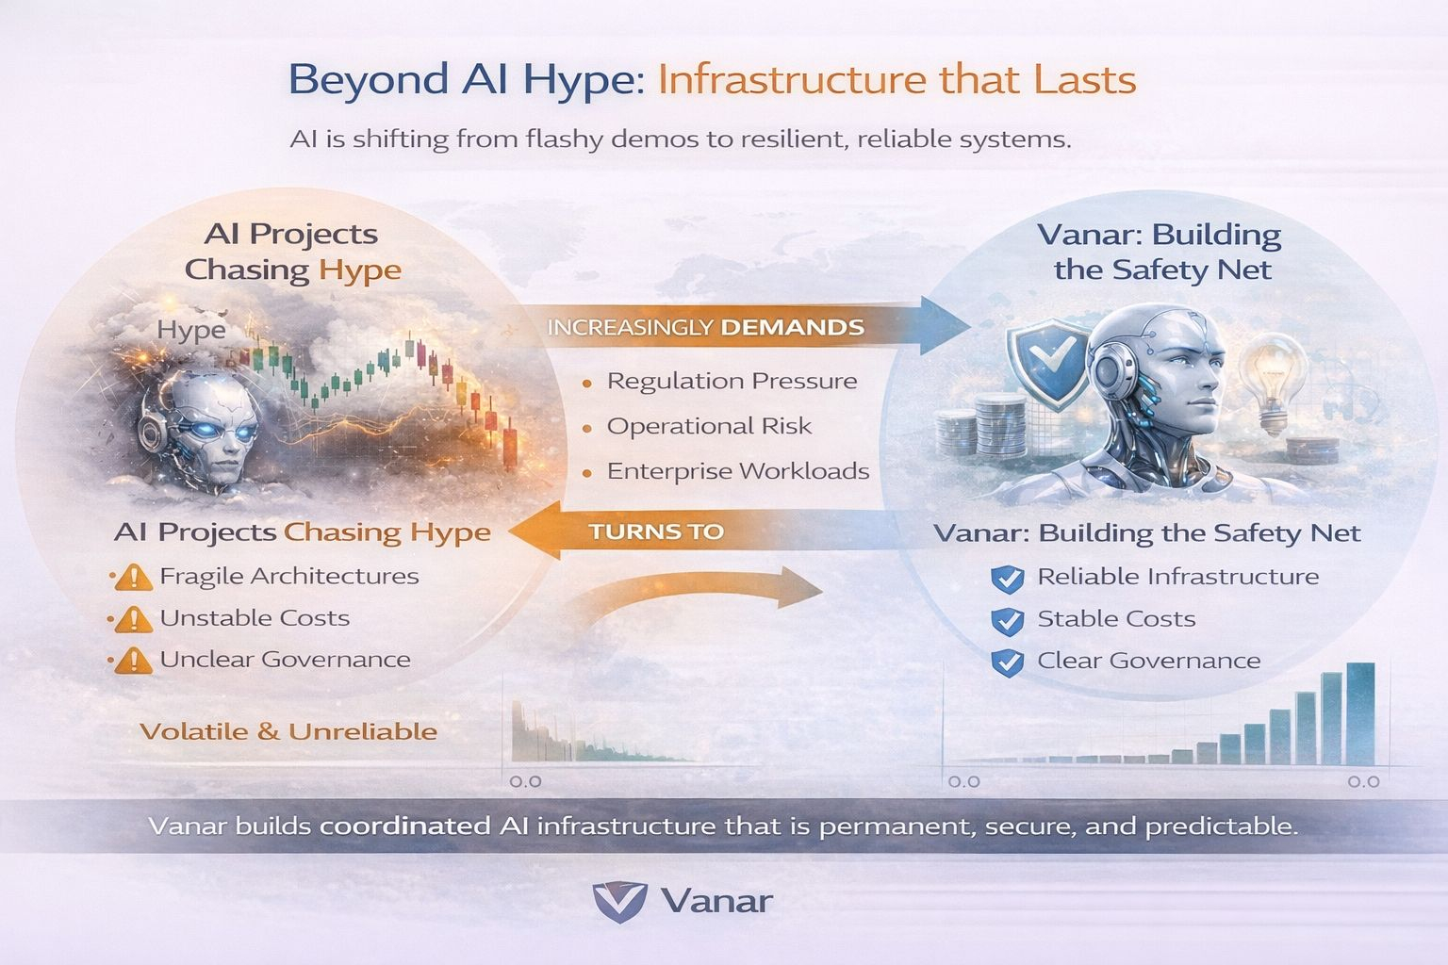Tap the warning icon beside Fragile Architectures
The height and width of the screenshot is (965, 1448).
click(x=134, y=577)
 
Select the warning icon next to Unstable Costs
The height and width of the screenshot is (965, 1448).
click(x=134, y=619)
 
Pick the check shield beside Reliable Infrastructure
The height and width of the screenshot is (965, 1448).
click(x=1007, y=580)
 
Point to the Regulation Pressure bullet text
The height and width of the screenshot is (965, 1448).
click(x=732, y=382)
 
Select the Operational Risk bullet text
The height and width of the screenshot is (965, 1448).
click(x=709, y=427)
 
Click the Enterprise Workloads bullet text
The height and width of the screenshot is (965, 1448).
click(x=737, y=471)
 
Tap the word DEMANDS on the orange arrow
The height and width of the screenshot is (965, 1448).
click(x=792, y=328)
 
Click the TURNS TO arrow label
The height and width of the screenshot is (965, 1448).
click(x=656, y=532)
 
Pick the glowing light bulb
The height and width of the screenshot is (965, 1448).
click(x=1272, y=383)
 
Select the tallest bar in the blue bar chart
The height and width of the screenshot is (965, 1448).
click(x=1360, y=713)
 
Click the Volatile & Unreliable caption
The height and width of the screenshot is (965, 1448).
click(x=288, y=731)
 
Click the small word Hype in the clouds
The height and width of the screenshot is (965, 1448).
click(x=191, y=330)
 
